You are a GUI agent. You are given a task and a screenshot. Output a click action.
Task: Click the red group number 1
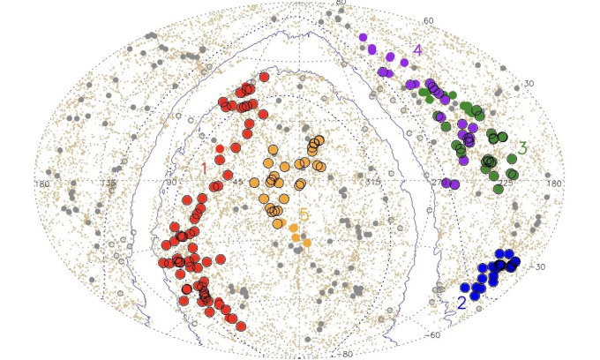pos(203,168)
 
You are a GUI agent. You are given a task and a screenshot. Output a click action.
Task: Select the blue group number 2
pos(462,302)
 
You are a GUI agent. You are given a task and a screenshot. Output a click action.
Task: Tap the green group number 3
pos(521,148)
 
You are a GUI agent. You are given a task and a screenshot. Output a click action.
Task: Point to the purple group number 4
pos(417,50)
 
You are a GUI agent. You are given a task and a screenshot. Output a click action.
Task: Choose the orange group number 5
pos(303,214)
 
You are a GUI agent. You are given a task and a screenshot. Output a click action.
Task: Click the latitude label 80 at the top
pos(341,4)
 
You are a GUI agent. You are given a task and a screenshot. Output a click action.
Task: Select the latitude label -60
pos(433,335)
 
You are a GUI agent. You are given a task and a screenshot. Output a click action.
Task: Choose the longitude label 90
pos(171,183)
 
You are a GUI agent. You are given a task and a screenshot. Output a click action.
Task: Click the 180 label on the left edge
pos(41,183)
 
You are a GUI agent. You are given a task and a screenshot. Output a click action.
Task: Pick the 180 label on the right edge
pos(554,183)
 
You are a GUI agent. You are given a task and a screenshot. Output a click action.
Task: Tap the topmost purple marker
pos(363,38)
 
